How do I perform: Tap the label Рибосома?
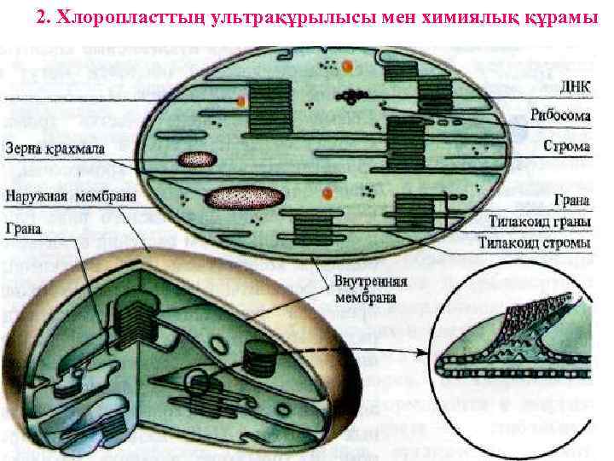point(560,116)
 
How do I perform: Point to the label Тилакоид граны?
point(540,222)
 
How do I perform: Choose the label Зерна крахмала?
point(56,149)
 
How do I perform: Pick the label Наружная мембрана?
point(64,196)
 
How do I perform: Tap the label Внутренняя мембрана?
point(370,290)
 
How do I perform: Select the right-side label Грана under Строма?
point(571,202)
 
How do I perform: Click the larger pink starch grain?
point(246,198)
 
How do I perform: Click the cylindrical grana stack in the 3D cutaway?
point(261,359)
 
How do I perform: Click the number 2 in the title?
point(43,17)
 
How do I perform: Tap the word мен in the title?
point(378,17)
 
